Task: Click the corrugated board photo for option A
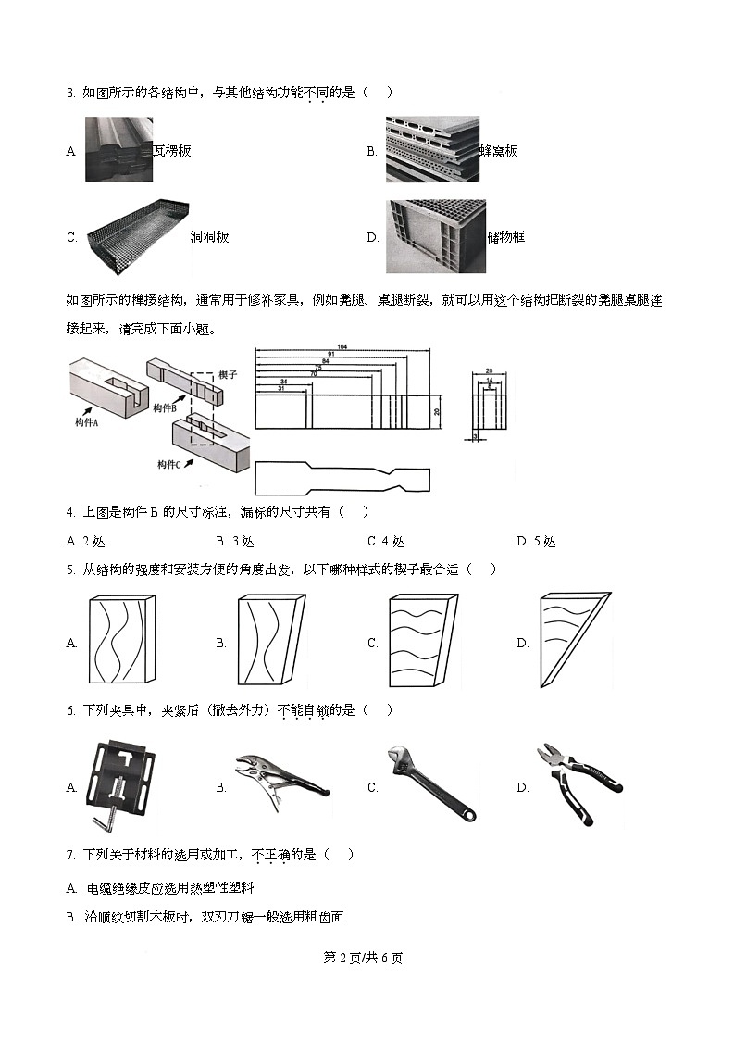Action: (x=118, y=149)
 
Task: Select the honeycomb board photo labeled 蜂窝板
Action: (x=432, y=149)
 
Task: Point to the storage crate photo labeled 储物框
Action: (x=436, y=236)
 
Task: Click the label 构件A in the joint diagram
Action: (x=88, y=422)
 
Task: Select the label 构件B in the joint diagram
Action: (x=165, y=407)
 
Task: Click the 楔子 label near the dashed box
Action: (x=229, y=374)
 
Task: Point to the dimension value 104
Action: (x=342, y=346)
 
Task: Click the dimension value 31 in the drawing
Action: (x=281, y=388)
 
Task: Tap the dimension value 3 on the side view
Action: (x=474, y=434)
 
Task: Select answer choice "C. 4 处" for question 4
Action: (x=386, y=542)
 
